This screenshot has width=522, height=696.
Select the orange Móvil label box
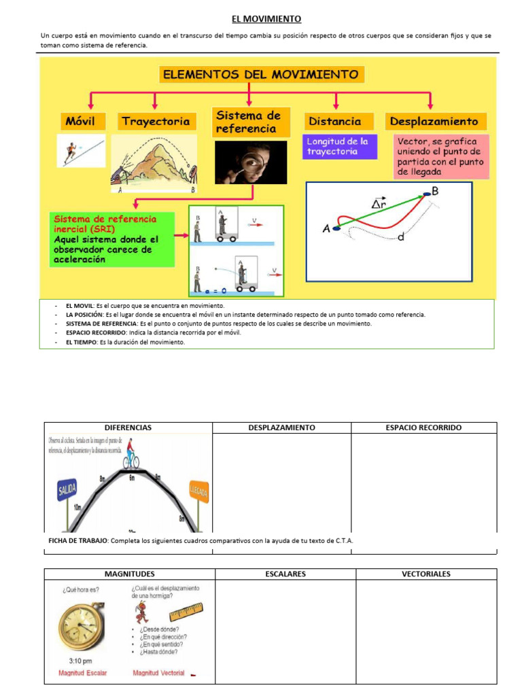(x=84, y=122)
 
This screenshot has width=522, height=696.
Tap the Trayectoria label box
(x=156, y=122)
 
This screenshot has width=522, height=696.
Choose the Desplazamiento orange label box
(x=434, y=122)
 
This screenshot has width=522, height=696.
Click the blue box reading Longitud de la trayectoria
(x=339, y=147)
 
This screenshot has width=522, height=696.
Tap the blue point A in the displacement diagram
(x=336, y=229)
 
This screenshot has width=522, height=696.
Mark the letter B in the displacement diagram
(x=435, y=191)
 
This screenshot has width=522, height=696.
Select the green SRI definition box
(x=112, y=239)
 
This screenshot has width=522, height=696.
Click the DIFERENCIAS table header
(x=128, y=428)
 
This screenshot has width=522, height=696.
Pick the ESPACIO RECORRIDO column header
(x=423, y=428)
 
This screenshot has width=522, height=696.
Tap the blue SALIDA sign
(x=68, y=490)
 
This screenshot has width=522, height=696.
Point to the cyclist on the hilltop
(x=131, y=455)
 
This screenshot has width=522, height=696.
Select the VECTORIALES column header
(x=425, y=574)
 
